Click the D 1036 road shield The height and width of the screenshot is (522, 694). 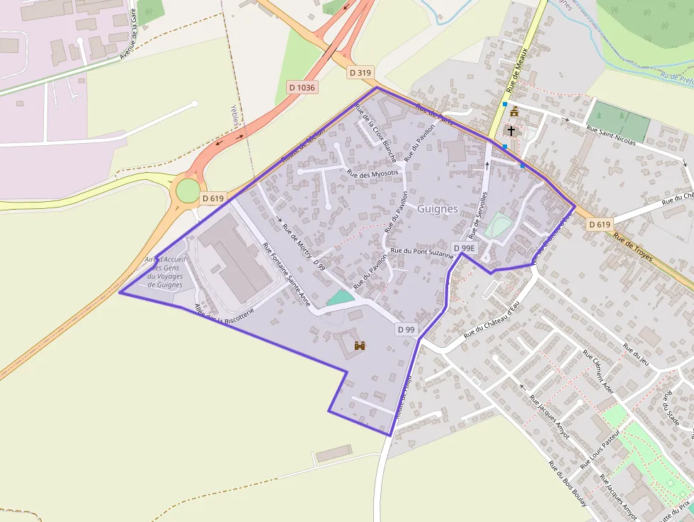[302, 87]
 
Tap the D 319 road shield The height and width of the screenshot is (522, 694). [360, 72]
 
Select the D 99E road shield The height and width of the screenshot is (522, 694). [465, 248]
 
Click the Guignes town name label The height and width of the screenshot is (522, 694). [438, 209]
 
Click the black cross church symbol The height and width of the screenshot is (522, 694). [511, 131]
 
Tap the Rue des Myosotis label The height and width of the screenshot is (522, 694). [373, 173]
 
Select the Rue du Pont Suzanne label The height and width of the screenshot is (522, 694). [421, 251]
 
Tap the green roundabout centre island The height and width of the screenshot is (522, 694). [188, 191]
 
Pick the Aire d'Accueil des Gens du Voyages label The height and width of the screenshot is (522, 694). [165, 272]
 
